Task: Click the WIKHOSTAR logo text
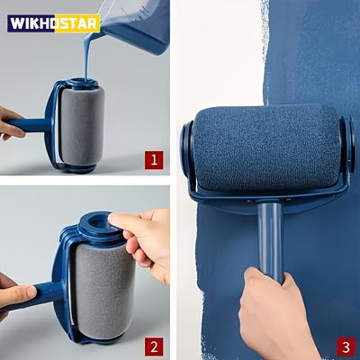tap(53, 22)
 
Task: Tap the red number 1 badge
tap(154, 161)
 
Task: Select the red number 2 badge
tap(154, 346)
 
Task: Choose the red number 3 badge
tap(346, 346)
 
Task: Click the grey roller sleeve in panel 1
tap(82, 126)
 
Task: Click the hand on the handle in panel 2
tap(13, 292)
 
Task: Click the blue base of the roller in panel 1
tap(76, 167)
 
